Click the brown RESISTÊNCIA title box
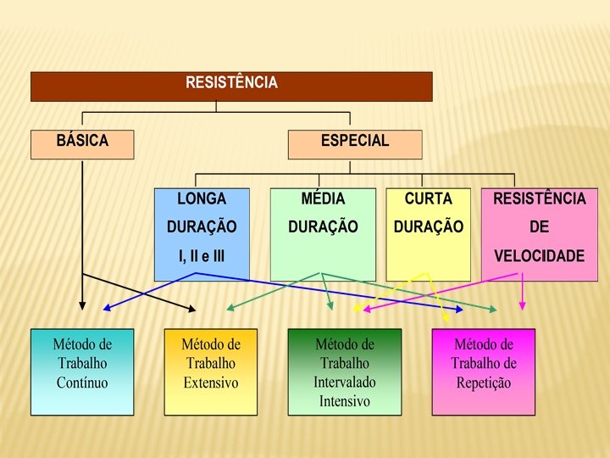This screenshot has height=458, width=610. pyautogui.click(x=231, y=87)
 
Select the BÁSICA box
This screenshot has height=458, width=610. pyautogui.click(x=82, y=143)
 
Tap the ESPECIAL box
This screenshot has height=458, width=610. pyautogui.click(x=354, y=143)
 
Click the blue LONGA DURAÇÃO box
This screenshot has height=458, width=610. pyautogui.click(x=202, y=234)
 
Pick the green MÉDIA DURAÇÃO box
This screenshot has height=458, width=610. pyautogui.click(x=323, y=234)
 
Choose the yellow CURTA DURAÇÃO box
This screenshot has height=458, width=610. pyautogui.click(x=428, y=234)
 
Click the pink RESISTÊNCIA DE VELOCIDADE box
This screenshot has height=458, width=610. pyautogui.click(x=539, y=234)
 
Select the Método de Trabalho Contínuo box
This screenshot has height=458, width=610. pyautogui.click(x=82, y=371)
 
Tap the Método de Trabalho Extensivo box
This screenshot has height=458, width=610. pyautogui.click(x=211, y=371)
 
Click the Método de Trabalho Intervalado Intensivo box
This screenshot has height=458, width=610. pyautogui.click(x=344, y=371)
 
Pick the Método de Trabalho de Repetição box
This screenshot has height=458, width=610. pyautogui.click(x=483, y=371)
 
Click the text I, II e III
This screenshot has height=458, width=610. pyautogui.click(x=202, y=255)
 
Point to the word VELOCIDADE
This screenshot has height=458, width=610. pyautogui.click(x=540, y=255)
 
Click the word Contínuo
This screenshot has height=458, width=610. pyautogui.click(x=82, y=383)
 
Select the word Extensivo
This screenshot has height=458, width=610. pyautogui.click(x=211, y=383)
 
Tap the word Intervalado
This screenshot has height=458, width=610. pyautogui.click(x=344, y=383)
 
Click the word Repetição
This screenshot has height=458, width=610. pyautogui.click(x=484, y=383)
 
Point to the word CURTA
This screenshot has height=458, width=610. pyautogui.click(x=429, y=198)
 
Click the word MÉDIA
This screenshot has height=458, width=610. pyautogui.click(x=323, y=198)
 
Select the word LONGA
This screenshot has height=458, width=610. pyautogui.click(x=202, y=198)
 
